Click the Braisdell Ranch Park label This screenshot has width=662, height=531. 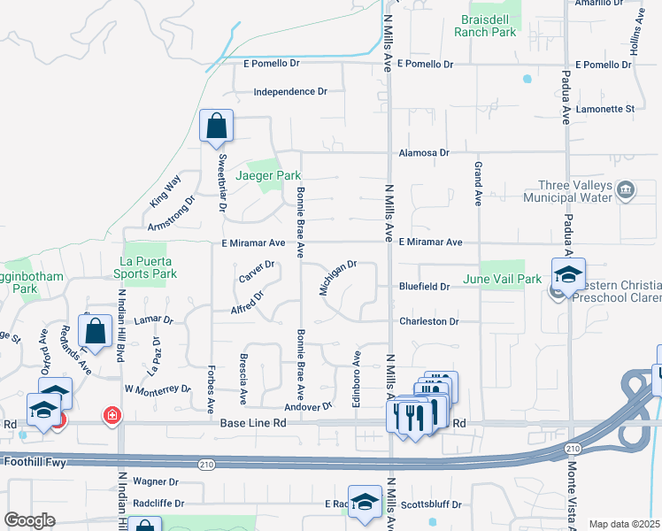click(484, 25)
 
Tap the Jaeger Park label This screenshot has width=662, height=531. click(269, 176)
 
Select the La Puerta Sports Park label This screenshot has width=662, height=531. click(149, 267)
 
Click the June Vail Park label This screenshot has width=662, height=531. click(502, 279)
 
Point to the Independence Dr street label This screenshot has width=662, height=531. click(290, 92)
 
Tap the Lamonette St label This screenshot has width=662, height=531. click(605, 109)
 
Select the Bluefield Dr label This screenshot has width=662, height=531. click(424, 287)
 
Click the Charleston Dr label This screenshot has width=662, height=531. click(429, 321)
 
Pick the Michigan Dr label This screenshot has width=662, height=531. click(337, 277)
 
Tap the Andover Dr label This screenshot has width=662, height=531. click(308, 406)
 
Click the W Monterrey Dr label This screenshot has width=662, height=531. click(158, 389)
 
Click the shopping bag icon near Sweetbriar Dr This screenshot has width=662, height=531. click(216, 127)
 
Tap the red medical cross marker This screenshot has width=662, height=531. click(112, 414)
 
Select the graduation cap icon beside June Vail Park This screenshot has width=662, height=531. click(569, 273)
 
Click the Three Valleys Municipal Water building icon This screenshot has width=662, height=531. click(626, 188)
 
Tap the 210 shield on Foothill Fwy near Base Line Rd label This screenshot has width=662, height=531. click(205, 462)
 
